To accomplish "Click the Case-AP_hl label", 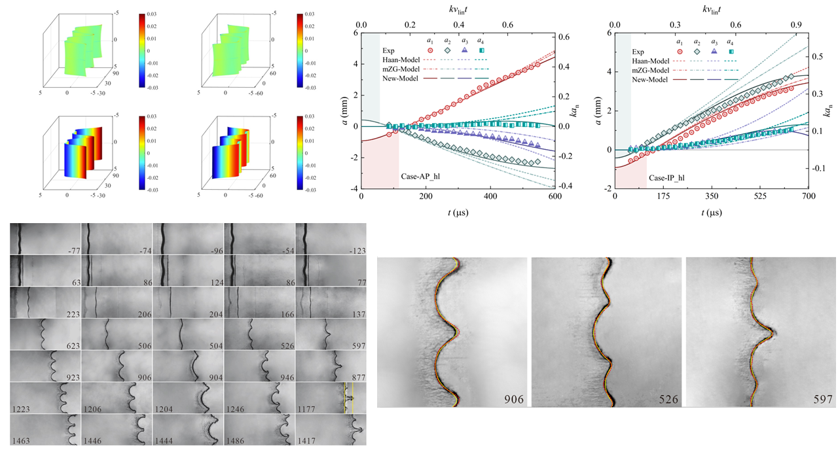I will (x=422, y=177).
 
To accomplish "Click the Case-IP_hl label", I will (x=670, y=177).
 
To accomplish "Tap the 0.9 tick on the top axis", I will (x=796, y=24).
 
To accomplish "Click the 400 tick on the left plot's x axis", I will (x=490, y=196).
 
